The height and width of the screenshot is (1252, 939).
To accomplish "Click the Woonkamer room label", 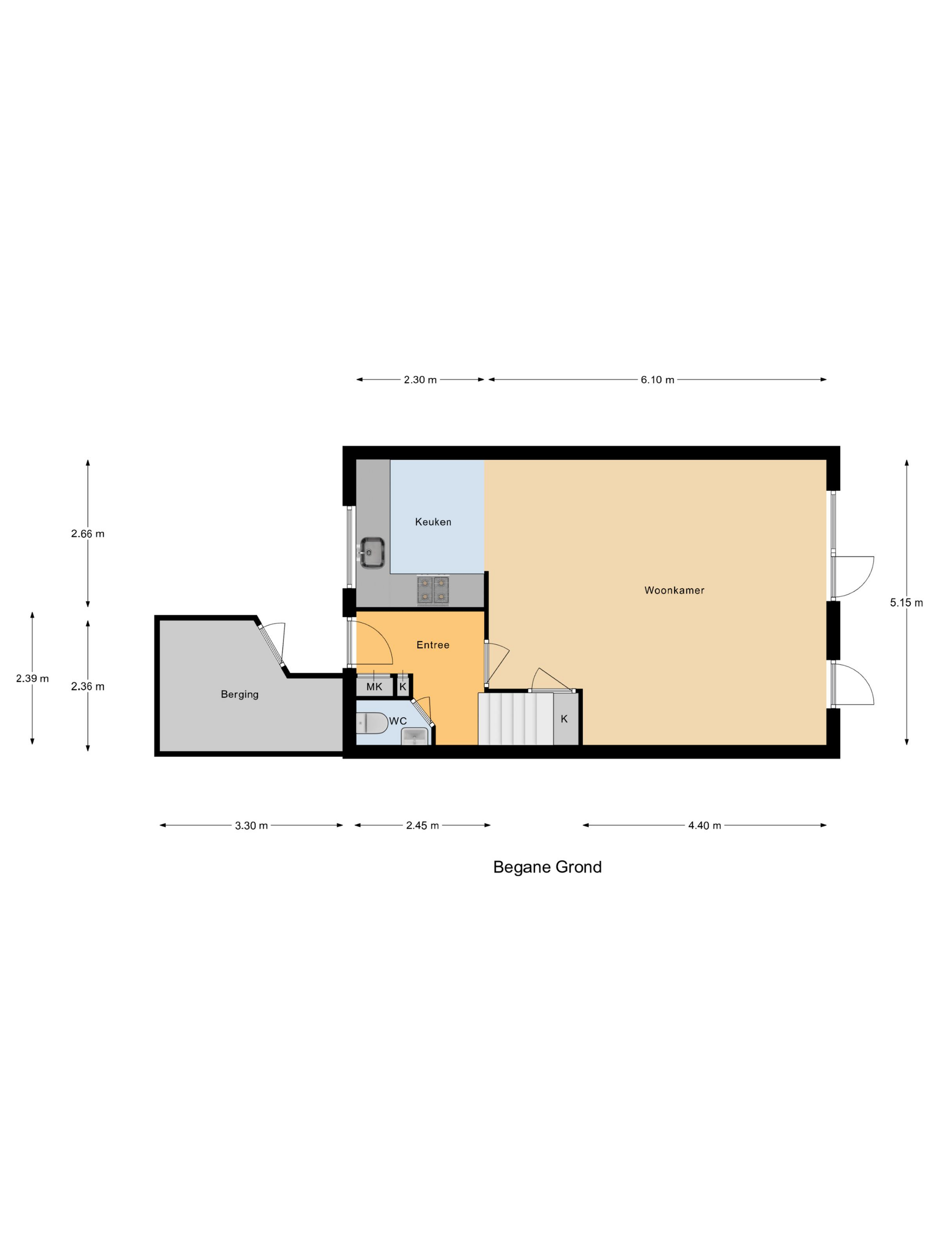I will click(674, 590).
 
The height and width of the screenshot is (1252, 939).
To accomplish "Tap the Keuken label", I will click(433, 522).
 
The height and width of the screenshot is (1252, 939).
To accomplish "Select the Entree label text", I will click(432, 645).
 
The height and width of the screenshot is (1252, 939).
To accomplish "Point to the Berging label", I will click(239, 694).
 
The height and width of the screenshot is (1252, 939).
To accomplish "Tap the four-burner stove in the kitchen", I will click(433, 590).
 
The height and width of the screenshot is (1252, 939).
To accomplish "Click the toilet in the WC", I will click(371, 722).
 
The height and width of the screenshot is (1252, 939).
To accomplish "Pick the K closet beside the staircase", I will click(564, 719).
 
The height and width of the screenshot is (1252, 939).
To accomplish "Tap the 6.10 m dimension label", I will click(657, 380).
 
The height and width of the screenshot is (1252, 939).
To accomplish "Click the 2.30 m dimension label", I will click(420, 380).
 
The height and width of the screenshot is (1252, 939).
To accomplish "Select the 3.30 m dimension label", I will click(251, 826).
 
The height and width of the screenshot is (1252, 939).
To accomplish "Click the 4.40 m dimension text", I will click(704, 826).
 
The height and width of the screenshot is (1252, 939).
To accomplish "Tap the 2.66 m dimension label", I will click(88, 534).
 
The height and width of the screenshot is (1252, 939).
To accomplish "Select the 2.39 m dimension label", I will click(32, 679).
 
